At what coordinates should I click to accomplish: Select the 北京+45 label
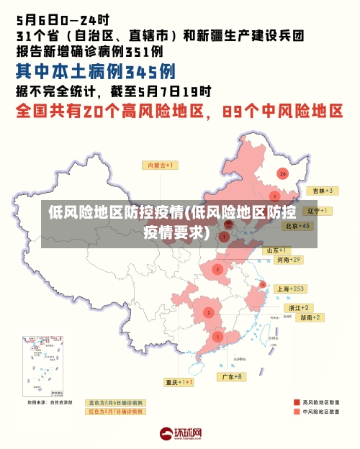click(x=297, y=226)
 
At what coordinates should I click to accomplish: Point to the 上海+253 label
click(x=291, y=289)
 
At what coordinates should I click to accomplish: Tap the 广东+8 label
click(x=233, y=376)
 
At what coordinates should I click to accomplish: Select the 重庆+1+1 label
click(x=179, y=382)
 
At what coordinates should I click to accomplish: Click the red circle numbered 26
click(x=283, y=173)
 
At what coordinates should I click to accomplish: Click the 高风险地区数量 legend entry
click(x=320, y=402)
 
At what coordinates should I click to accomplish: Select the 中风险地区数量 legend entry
click(x=320, y=412)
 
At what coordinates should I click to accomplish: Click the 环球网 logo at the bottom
click(x=181, y=434)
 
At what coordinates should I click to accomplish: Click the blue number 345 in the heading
click(x=150, y=72)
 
